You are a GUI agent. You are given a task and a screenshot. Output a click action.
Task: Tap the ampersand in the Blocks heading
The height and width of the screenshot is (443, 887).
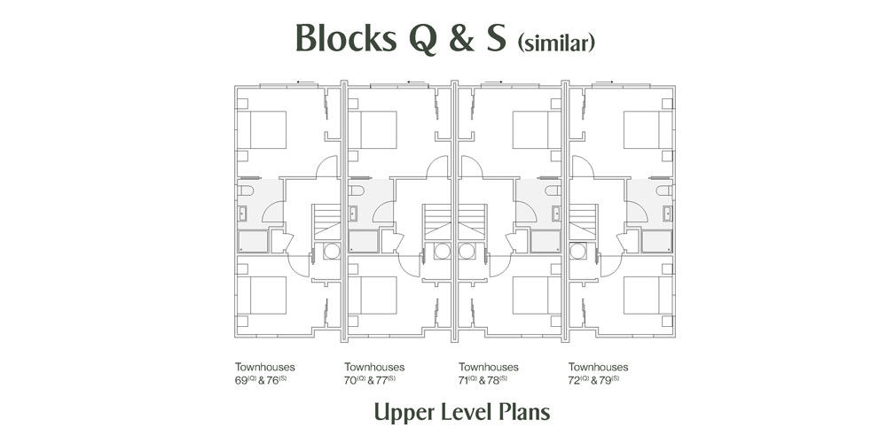click(462, 38)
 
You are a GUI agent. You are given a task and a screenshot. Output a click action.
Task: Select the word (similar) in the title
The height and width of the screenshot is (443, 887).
click(556, 43)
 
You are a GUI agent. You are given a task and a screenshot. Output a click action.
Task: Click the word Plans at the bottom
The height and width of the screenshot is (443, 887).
click(525, 413)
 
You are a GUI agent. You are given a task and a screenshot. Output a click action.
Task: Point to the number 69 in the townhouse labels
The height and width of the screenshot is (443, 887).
click(241, 380)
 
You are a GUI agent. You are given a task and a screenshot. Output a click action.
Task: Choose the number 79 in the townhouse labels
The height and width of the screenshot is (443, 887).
click(608, 380)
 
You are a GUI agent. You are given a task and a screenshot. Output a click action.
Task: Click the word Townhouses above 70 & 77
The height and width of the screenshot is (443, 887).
click(374, 368)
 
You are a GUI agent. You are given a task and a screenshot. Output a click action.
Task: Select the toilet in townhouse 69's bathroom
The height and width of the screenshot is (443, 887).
click(246, 190)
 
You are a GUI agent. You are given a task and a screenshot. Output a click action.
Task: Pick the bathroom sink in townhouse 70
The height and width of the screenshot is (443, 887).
click(354, 214)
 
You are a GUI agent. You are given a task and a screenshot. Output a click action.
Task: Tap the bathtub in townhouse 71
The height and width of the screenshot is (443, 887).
click(546, 241)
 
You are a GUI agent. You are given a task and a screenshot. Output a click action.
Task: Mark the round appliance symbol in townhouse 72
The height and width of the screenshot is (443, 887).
click(578, 251)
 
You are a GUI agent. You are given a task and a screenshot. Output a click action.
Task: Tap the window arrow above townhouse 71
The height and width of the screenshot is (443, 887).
click(493, 82)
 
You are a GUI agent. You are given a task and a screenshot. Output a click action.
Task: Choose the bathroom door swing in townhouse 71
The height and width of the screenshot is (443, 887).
click(526, 212)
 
